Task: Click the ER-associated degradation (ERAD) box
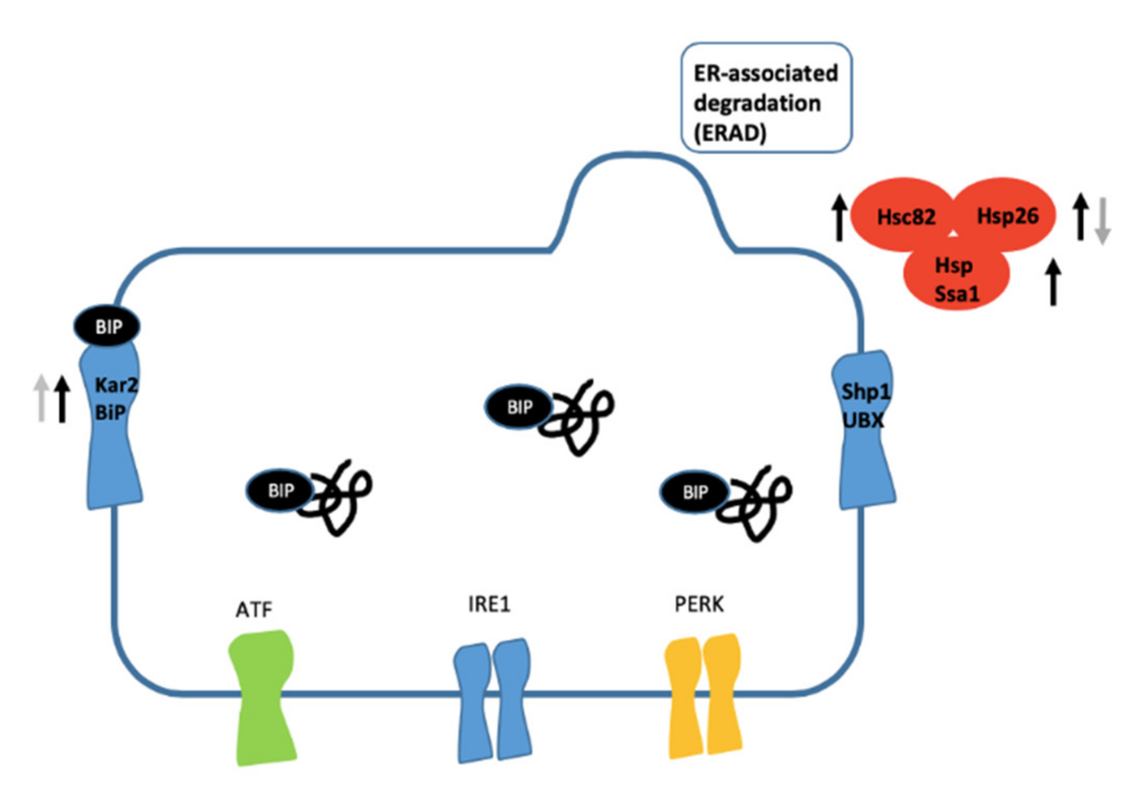(x=766, y=98)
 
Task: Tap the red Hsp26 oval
(x=1007, y=215)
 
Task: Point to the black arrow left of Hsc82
(x=839, y=217)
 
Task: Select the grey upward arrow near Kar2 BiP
(x=41, y=398)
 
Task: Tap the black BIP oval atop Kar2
(x=107, y=326)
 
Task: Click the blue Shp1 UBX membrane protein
(x=865, y=429)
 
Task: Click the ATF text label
(x=254, y=609)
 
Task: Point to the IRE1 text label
(x=489, y=604)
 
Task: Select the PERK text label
(x=699, y=604)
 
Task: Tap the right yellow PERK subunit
(x=723, y=694)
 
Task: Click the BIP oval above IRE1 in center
(x=518, y=406)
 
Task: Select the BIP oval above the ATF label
(x=280, y=490)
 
